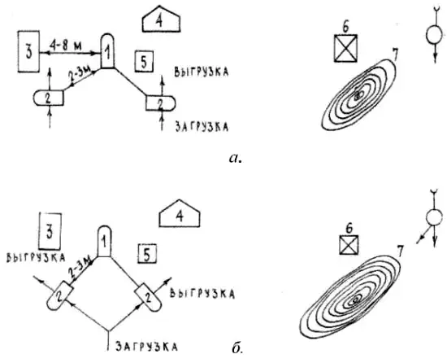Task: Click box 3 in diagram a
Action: coord(28,51)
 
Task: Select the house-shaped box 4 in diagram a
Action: coord(162,22)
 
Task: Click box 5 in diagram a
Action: coord(144,61)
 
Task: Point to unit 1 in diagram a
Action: coord(107,51)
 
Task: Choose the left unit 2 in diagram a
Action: coord(49,98)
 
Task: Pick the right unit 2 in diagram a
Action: coord(160,103)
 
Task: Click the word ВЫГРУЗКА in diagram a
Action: coord(202,72)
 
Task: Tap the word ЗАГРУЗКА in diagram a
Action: coord(202,127)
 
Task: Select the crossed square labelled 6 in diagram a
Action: coord(345,48)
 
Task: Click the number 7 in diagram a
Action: coord(394,55)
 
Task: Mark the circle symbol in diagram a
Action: coord(435,35)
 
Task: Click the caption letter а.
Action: coord(235,158)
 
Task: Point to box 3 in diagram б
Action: coord(50,230)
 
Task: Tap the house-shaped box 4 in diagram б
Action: coord(180,217)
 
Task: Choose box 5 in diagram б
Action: coord(147,253)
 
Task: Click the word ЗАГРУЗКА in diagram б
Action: coord(146,347)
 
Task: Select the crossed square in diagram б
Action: coord(349,245)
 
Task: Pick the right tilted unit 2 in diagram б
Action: coord(148,298)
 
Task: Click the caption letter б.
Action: coord(237,348)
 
